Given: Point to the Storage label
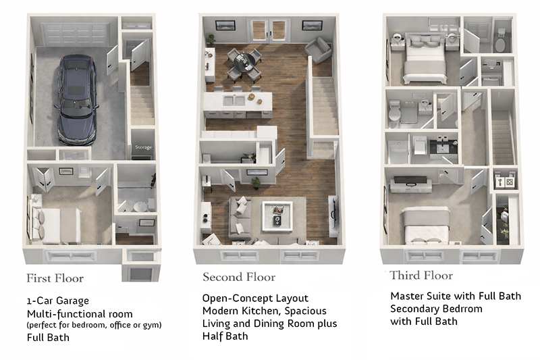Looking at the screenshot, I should pyautogui.click(x=142, y=147).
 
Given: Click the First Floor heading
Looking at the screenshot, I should pyautogui.click(x=55, y=278).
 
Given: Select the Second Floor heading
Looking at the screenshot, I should pyautogui.click(x=239, y=277).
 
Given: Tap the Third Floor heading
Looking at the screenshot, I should pyautogui.click(x=421, y=276).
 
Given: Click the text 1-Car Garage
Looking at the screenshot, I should pyautogui.click(x=58, y=301).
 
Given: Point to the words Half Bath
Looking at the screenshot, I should pyautogui.click(x=225, y=336).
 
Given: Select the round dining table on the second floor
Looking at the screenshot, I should pyautogui.click(x=244, y=61).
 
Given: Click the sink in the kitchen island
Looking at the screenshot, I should pyautogui.click(x=236, y=101).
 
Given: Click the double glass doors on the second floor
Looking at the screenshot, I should pyautogui.click(x=269, y=31).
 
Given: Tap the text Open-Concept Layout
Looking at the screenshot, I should pyautogui.click(x=255, y=299).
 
